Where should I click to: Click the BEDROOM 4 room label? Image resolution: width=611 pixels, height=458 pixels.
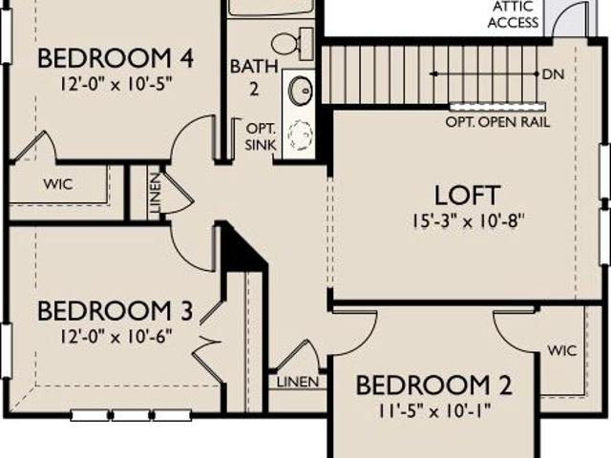coord(116,58)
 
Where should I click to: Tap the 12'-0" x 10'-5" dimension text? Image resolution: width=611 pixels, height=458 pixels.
coord(116,84)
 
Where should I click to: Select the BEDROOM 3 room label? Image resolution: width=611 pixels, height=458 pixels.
coord(115,311)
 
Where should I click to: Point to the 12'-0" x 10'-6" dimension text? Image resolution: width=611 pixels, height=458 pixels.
coord(116,336)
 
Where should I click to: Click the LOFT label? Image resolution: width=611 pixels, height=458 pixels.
coord(467,195)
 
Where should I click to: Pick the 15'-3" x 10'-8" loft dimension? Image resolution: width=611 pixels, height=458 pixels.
coord(467,221)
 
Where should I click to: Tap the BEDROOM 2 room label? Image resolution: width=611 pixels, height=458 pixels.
coord(433,385)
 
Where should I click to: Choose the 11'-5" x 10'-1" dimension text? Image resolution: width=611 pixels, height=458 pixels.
coord(434,410)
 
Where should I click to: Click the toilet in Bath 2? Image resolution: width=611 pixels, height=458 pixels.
coord(292,44)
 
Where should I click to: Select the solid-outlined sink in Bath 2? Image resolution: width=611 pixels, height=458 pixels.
coord(300,91)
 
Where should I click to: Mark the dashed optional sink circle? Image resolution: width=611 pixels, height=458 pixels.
coord(300,135)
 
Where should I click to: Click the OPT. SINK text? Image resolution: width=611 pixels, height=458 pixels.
coord(261,136)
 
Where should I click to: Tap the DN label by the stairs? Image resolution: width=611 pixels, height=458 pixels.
coord(554,74)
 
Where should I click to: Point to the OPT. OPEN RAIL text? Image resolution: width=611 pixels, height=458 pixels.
coord(497,122)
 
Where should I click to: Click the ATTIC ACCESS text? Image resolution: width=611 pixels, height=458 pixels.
coord(513,14)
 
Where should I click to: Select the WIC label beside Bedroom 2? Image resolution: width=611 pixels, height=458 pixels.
coord(562,350)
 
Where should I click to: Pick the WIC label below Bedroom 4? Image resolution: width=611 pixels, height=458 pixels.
coord(58,184)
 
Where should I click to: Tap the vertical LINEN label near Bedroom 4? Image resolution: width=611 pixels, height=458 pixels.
coord(155,193)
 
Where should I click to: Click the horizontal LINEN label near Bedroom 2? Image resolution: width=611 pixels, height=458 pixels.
coord(298,382)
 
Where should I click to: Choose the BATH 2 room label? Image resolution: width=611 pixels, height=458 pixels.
coord(254,77)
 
